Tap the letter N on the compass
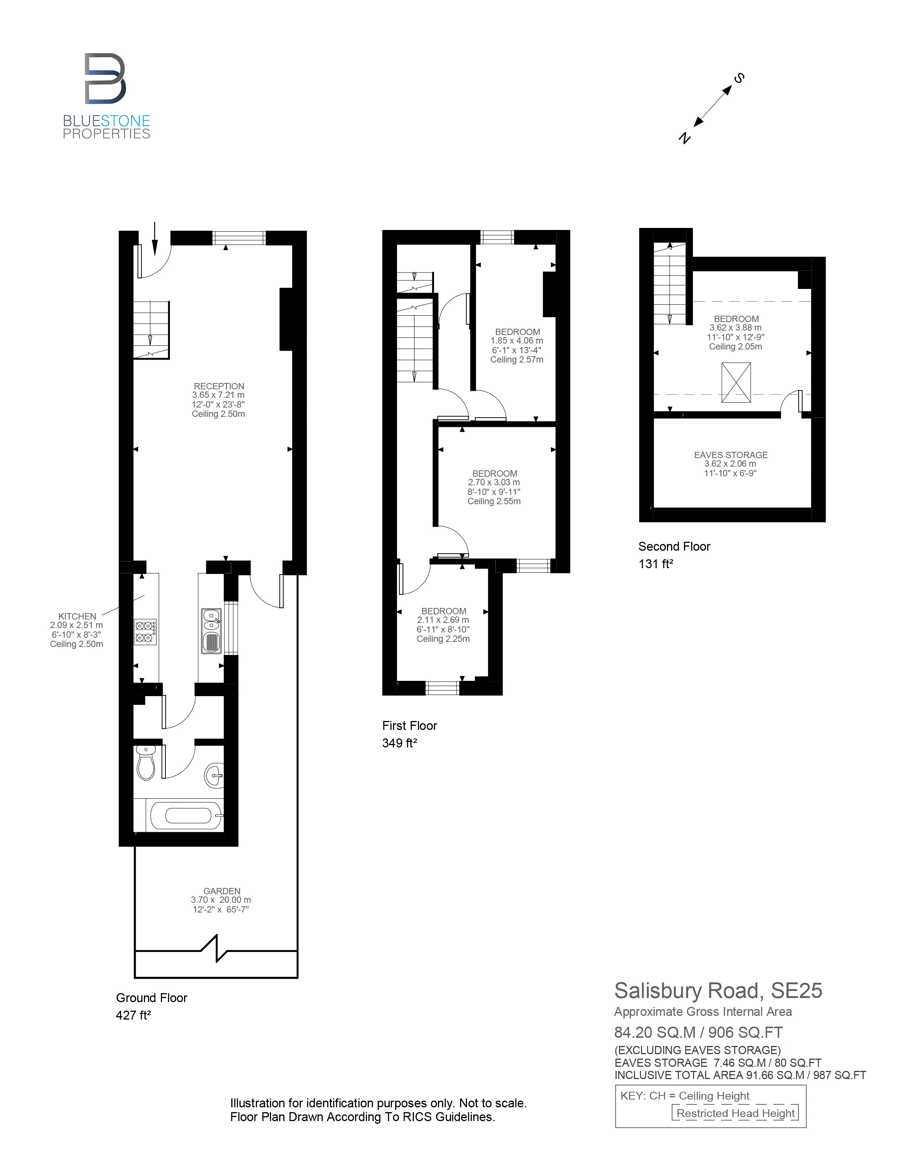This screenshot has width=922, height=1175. pos(684,138)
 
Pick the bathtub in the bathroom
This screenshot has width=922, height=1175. pos(185,815)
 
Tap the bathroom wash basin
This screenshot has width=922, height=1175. pos(214,776)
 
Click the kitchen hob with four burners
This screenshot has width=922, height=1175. pos(145,632)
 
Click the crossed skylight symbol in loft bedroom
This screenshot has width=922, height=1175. pos(736,382)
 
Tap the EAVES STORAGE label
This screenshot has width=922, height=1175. pos(731,455)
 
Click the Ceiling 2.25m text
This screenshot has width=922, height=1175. pos(443,639)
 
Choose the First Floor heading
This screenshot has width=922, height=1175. pos(409,726)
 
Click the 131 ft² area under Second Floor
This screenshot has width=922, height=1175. pos(655,564)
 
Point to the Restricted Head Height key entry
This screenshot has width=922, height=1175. pos(735,1113)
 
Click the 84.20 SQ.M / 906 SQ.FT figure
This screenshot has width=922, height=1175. pos(698,1033)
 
